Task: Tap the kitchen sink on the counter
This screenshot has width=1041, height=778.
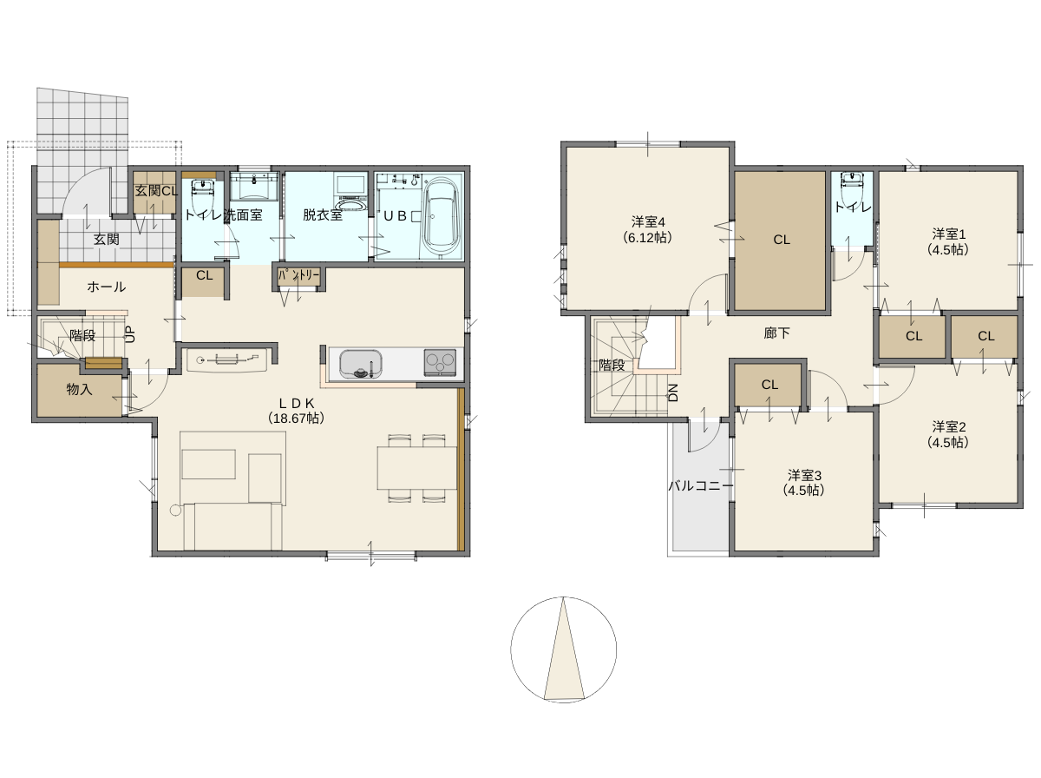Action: [x=360, y=364]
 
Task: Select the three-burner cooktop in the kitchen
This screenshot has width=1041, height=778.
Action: [x=440, y=363]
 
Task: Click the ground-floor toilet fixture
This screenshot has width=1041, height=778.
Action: [x=204, y=191]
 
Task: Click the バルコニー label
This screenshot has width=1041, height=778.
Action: [x=701, y=485]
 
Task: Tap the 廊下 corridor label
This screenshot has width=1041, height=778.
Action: [x=776, y=333]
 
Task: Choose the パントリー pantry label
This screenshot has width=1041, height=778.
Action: [x=298, y=276]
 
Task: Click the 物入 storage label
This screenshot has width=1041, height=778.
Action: [x=79, y=389]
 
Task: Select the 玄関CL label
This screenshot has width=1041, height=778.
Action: [x=156, y=191]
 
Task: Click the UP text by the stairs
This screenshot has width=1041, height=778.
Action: [x=130, y=334]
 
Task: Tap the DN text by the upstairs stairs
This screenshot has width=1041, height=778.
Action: [x=673, y=392]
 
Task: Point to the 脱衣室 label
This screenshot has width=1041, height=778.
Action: [x=323, y=214]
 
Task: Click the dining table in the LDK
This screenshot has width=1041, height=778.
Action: [x=417, y=467]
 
